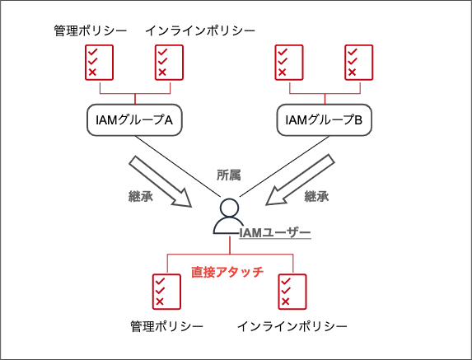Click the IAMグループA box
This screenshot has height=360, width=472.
pos(134,119)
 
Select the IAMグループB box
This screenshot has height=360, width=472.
pos(325,119)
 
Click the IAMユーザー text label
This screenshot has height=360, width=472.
pos(275,232)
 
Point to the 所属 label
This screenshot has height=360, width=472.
pos(229,175)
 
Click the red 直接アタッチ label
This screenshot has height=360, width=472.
pos(227,272)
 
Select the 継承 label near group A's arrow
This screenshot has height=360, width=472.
pos(141,196)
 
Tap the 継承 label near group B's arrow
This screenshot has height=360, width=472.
pos(316,196)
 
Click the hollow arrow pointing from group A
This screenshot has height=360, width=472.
pos(161,181)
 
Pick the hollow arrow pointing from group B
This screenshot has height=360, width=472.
pos(300,180)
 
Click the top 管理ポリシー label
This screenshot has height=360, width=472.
pos(91,30)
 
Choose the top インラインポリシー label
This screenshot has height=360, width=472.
pos(200,30)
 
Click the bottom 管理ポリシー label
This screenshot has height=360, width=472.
pos(166,326)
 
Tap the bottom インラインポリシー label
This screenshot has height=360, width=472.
pos(292,326)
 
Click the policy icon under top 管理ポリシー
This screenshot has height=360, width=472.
pos(99,63)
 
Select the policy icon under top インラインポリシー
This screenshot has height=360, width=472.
pos(169,63)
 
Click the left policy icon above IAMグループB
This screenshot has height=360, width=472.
pos(289,63)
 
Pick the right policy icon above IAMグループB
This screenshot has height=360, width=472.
pos(359,63)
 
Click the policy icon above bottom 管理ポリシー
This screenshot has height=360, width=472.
pos(166,292)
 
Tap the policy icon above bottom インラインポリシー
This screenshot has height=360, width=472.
pos(292,292)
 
